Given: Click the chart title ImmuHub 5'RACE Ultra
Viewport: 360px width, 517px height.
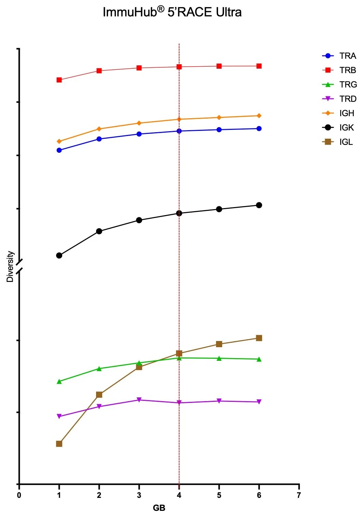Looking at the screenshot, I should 172,12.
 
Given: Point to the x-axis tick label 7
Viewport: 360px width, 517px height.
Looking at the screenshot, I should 299,495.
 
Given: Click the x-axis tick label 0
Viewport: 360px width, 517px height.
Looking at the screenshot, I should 19,495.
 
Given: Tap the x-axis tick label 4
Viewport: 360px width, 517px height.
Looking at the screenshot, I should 179,495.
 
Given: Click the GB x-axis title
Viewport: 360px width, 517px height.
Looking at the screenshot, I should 159,508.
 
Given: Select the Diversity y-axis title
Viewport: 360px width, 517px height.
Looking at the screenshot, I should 10,267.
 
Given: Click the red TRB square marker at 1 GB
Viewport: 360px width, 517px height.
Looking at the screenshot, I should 59,80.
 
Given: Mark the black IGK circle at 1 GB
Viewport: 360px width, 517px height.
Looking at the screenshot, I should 59,255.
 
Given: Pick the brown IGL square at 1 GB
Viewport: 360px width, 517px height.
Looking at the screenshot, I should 59,444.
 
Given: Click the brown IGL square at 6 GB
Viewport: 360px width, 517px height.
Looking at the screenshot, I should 259,338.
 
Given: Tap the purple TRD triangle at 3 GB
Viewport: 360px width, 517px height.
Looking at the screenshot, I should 139,400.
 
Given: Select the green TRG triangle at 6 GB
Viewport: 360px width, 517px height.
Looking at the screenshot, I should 259,359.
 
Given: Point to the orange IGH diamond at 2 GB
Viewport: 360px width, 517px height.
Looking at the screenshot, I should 99,129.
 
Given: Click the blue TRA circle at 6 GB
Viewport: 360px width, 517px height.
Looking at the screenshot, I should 259,128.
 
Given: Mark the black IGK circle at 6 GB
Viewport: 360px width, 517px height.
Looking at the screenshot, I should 259,205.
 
